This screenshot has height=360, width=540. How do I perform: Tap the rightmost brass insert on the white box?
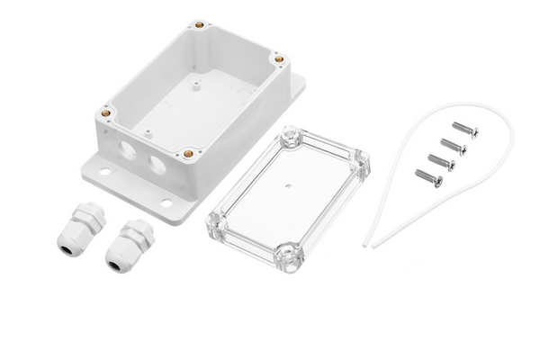point(280,61)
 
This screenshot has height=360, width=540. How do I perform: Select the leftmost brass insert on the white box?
point(107,113)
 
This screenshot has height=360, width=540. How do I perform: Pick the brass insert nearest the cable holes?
point(188,154)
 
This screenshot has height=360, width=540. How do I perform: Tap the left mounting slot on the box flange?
point(99,167)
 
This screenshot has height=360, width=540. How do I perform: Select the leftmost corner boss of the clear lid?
point(216,217)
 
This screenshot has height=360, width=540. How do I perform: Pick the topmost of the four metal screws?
point(465,130)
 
